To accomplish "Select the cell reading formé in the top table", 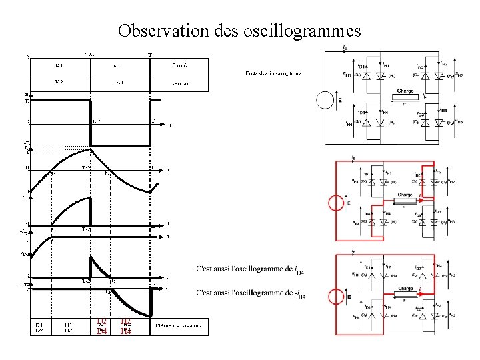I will pyautogui.click(x=179, y=66).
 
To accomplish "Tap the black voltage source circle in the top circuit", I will pyautogui.click(x=327, y=101).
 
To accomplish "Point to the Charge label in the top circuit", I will pyautogui.click(x=405, y=91).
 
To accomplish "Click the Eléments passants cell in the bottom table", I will pyautogui.click(x=179, y=326).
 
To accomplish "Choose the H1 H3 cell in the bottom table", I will pyautogui.click(x=69, y=327).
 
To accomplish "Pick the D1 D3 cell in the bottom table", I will pyautogui.click(x=39, y=327).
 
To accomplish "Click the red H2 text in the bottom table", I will pyautogui.click(x=126, y=322).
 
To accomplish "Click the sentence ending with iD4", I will pyautogui.click(x=251, y=269).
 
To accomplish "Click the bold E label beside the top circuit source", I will pyautogui.click(x=339, y=101).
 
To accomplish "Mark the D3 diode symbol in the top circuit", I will pyautogui.click(x=421, y=122).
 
